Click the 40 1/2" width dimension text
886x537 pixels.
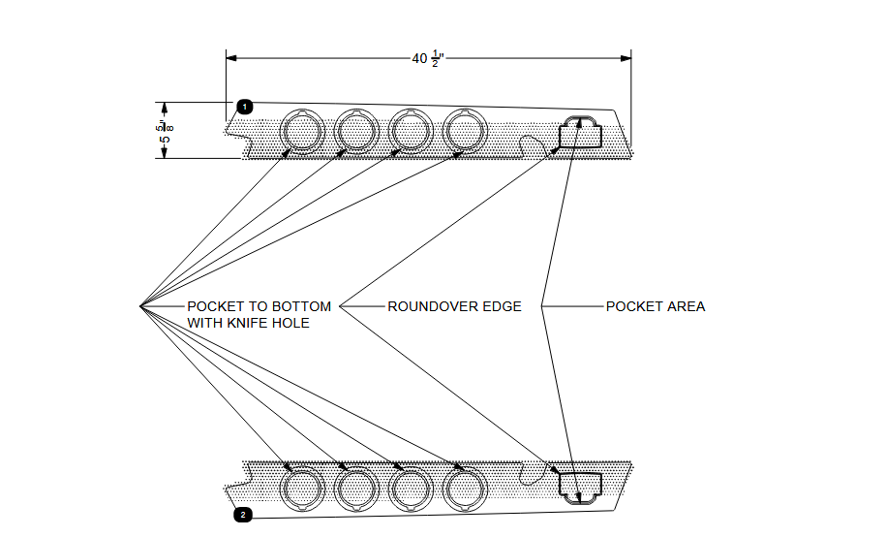(x=427, y=59)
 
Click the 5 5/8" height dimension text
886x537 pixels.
(x=168, y=132)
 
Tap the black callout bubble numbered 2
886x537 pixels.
(x=244, y=515)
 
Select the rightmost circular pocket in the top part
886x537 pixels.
(x=466, y=129)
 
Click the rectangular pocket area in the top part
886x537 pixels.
(x=581, y=133)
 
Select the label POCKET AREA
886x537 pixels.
(x=656, y=306)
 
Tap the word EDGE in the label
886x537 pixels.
(x=503, y=306)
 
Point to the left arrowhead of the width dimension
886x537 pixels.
(x=231, y=58)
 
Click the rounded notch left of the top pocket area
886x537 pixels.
(x=532, y=145)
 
